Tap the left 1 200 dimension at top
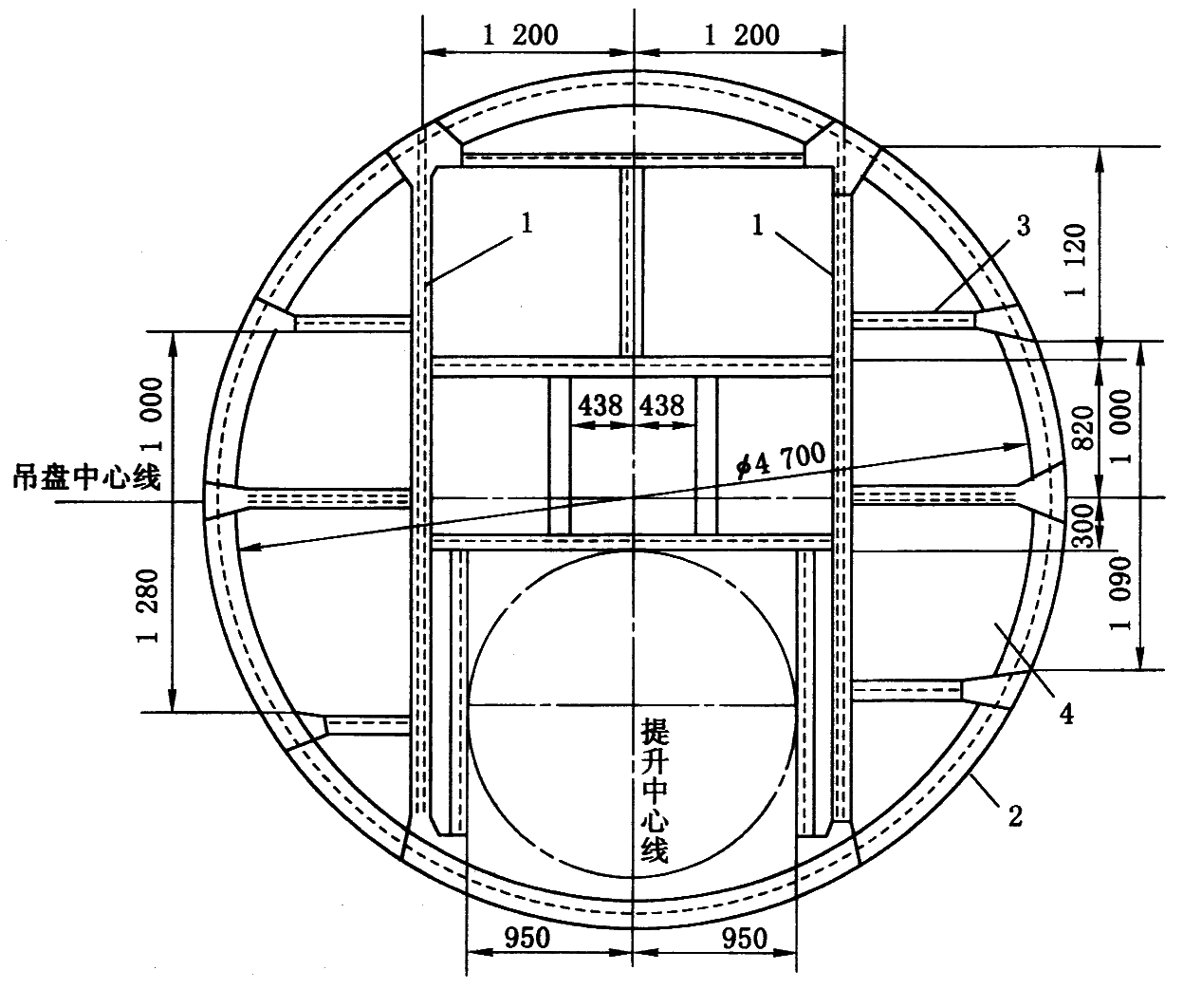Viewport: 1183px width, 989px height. tap(520, 35)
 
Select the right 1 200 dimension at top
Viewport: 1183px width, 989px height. tap(741, 35)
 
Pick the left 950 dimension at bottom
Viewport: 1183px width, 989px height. tap(527, 938)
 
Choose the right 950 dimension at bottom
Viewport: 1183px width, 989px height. tap(745, 938)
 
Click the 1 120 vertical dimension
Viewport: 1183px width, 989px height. tap(1075, 260)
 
